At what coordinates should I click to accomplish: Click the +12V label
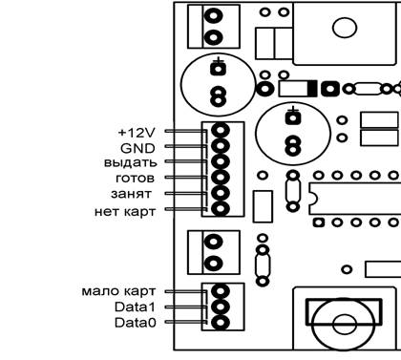tap(137, 133)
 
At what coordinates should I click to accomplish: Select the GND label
tap(137, 148)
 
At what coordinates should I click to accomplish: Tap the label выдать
tap(131, 162)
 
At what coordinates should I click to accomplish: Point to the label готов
tap(136, 179)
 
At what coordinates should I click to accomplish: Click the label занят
tap(131, 194)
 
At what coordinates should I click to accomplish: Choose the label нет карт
tap(125, 211)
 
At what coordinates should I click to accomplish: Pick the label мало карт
tap(118, 291)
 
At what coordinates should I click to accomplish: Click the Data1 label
tap(136, 307)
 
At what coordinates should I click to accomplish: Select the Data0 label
tap(136, 323)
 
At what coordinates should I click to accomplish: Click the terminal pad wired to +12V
tap(221, 131)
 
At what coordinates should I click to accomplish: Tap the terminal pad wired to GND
tap(221, 146)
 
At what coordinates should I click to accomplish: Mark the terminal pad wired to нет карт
tap(221, 209)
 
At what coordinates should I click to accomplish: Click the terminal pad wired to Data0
tap(221, 323)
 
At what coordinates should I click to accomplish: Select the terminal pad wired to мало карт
tap(221, 291)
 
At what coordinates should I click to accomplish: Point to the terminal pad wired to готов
tap(221, 178)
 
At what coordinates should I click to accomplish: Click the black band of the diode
tap(312, 89)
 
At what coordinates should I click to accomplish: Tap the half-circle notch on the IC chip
tap(313, 199)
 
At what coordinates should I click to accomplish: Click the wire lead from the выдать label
tap(186, 161)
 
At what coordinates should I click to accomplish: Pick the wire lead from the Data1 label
tap(186, 307)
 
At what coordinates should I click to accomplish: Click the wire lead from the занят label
tap(186, 193)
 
